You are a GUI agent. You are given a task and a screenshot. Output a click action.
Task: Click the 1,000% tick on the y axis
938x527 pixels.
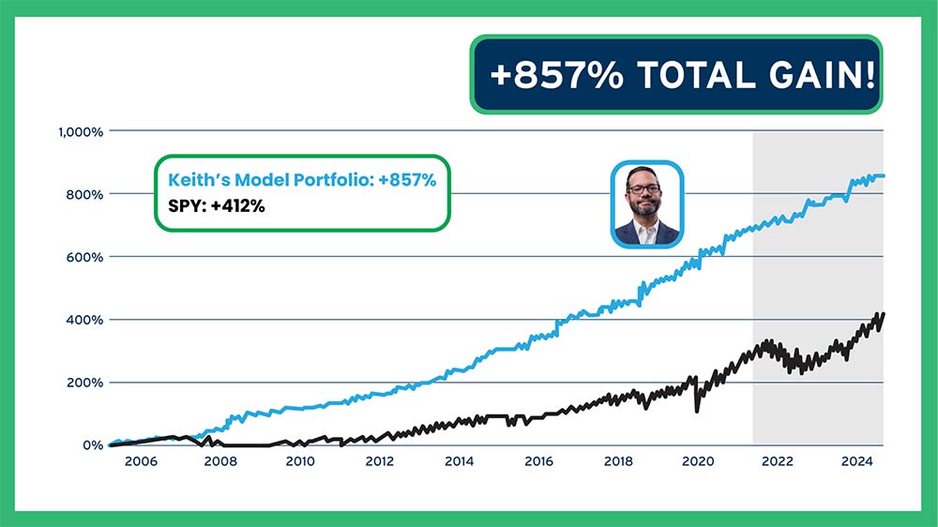tap(79, 131)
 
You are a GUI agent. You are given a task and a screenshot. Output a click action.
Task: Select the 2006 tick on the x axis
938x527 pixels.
tap(140, 461)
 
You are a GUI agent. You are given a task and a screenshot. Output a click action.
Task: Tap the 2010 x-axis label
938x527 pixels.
tap(299, 461)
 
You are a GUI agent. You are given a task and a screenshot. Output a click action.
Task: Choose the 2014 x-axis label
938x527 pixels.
tap(459, 461)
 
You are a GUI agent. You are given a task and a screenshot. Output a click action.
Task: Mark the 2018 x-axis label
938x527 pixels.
tap(618, 461)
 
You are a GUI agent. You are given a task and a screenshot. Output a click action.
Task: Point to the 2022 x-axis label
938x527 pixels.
tap(778, 461)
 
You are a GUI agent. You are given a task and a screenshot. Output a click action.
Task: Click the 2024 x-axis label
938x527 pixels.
tap(857, 461)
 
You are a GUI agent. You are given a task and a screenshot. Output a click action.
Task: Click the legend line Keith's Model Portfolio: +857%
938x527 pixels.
tap(301, 180)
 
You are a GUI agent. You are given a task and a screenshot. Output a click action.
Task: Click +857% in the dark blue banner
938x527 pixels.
tap(556, 75)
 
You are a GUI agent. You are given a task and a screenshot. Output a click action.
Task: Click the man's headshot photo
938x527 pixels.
tap(647, 203)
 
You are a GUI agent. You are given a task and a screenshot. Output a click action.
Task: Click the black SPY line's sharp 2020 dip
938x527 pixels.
tap(696, 410)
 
